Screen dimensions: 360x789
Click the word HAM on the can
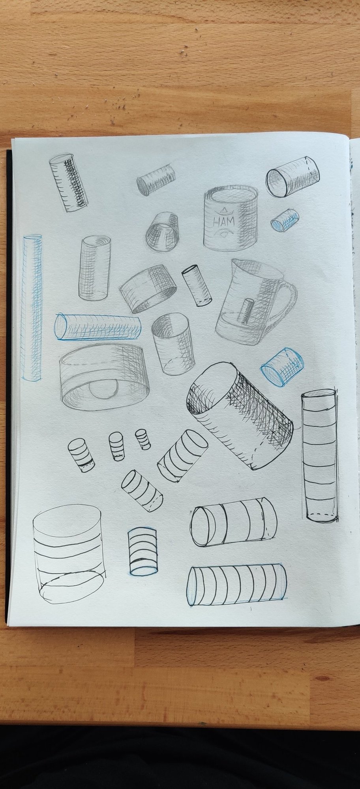pos(223,222)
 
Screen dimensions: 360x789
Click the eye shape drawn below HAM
pos(223,234)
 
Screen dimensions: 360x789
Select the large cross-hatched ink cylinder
pos(241,415)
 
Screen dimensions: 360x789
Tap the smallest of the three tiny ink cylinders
pos(142,439)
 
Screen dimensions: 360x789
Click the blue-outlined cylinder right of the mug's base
pos(282,366)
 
